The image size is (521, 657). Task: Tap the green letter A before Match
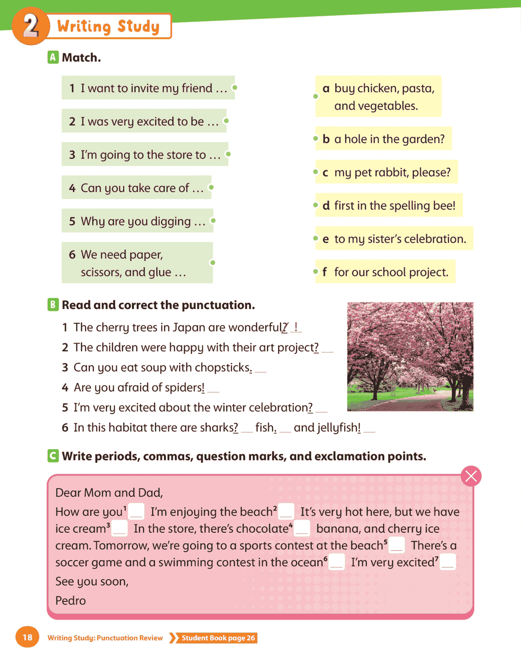[x=53, y=57]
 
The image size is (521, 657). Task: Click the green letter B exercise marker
[x=53, y=305]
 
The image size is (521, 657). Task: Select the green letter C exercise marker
[x=53, y=456]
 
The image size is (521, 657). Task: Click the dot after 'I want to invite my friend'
[x=234, y=87]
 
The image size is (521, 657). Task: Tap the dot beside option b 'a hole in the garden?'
[x=316, y=139]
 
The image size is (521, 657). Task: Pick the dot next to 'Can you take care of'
[x=211, y=187]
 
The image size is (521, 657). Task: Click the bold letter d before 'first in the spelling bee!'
[x=326, y=206]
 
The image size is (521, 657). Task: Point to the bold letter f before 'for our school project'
[x=325, y=272]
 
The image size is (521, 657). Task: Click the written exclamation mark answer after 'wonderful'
[x=296, y=327]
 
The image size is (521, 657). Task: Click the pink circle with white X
[x=471, y=476]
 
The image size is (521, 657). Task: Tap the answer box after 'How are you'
[x=136, y=511]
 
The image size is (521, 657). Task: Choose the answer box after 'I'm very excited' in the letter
[x=448, y=562]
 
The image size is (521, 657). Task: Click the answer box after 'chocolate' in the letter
[x=302, y=528]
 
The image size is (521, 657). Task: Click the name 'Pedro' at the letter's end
[x=71, y=601]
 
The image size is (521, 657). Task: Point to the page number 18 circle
[x=27, y=637]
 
